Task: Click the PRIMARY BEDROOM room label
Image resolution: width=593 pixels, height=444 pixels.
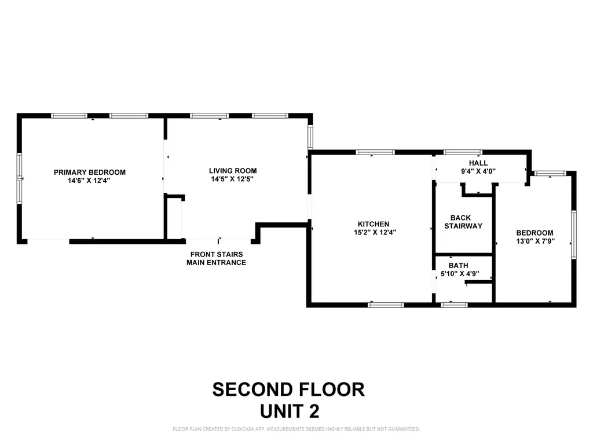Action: point(90,172)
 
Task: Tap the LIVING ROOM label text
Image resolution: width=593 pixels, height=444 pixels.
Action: point(233,171)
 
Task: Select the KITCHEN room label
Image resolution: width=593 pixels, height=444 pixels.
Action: point(374,224)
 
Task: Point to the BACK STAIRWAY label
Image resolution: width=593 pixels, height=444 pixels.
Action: point(463,222)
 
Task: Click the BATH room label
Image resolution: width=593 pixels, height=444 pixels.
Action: point(459,266)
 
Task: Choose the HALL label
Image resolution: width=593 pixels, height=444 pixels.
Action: point(478,163)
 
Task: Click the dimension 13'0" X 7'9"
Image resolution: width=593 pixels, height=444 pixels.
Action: point(535,241)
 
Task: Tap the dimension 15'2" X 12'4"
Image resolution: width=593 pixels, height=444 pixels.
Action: point(375,232)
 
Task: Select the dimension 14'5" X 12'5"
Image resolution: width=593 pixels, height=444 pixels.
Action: point(232,179)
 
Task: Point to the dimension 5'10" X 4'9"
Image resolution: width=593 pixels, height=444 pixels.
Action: point(460,273)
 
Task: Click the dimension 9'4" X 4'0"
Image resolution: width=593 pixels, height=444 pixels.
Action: point(478,171)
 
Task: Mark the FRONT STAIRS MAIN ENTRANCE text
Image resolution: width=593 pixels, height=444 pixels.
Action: point(217,258)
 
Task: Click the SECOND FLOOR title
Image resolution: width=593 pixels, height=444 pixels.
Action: point(288,390)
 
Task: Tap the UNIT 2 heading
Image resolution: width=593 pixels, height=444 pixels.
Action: point(290,411)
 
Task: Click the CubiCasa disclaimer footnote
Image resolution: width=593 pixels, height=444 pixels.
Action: point(296,429)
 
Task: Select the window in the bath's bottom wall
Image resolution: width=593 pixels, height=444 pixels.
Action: point(454,305)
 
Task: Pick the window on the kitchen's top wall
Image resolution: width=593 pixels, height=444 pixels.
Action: point(375,152)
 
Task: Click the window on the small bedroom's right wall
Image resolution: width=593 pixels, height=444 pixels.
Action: point(574,234)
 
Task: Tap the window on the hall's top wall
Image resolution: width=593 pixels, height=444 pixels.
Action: point(463,152)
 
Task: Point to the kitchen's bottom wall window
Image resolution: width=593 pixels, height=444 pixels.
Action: point(386,305)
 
